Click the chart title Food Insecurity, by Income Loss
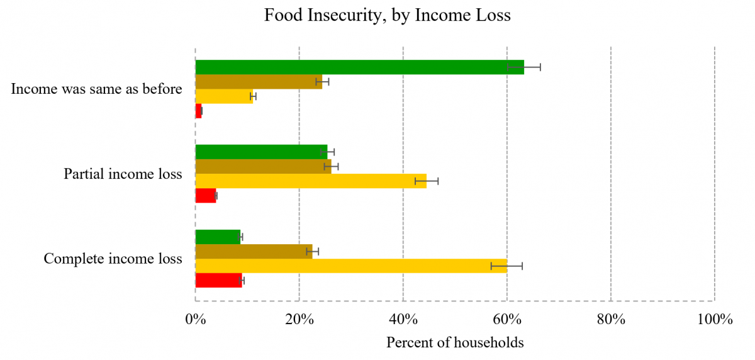pos(387,16)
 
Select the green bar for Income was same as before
pos(359,67)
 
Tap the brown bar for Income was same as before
pos(259,82)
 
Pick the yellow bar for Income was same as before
pos(224,96)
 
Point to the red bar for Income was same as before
pos(199,111)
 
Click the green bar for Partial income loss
pos(261,152)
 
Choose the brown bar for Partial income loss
pos(263,166)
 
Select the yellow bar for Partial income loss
pos(311,181)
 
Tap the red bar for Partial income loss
pos(206,196)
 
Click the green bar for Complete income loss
pos(218,237)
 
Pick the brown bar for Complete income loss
pos(254,251)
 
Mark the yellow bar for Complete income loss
pos(351,266)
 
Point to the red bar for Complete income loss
pos(218,280)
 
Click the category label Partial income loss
pos(123,174)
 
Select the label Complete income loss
pos(113,259)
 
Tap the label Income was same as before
pos(96,89)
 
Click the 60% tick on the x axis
pos(506,319)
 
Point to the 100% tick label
pos(714,319)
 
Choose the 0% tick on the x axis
pos(195,319)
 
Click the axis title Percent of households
pos(454,343)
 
